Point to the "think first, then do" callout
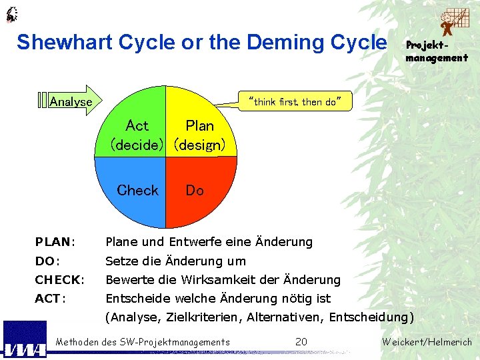[x=294, y=102]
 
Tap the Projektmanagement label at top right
[x=436, y=51]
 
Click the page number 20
[x=301, y=342]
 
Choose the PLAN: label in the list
[x=55, y=241]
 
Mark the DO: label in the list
[x=48, y=261]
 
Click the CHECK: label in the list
[x=59, y=279]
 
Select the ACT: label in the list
[x=50, y=298]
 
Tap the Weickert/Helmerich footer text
[x=427, y=342]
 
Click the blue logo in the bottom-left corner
[x=25, y=340]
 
